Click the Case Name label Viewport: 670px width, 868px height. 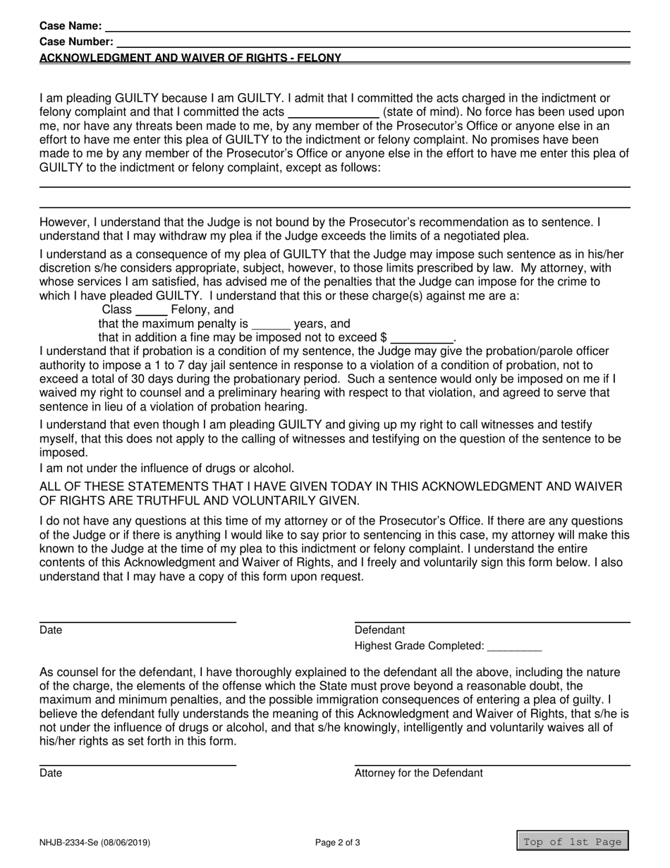tap(71, 26)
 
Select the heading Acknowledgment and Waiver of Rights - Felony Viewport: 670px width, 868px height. tap(190, 58)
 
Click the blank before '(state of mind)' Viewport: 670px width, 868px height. tap(334, 111)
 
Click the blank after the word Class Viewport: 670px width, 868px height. tap(151, 310)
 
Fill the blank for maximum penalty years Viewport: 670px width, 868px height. tap(271, 325)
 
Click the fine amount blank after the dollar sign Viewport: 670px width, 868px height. tap(421, 338)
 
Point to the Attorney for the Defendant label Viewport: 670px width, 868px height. tap(418, 773)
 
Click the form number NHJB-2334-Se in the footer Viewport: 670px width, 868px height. tap(68, 842)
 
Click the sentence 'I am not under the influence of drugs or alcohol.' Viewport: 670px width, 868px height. tap(167, 469)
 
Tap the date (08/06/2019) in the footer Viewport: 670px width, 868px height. tap(125, 842)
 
